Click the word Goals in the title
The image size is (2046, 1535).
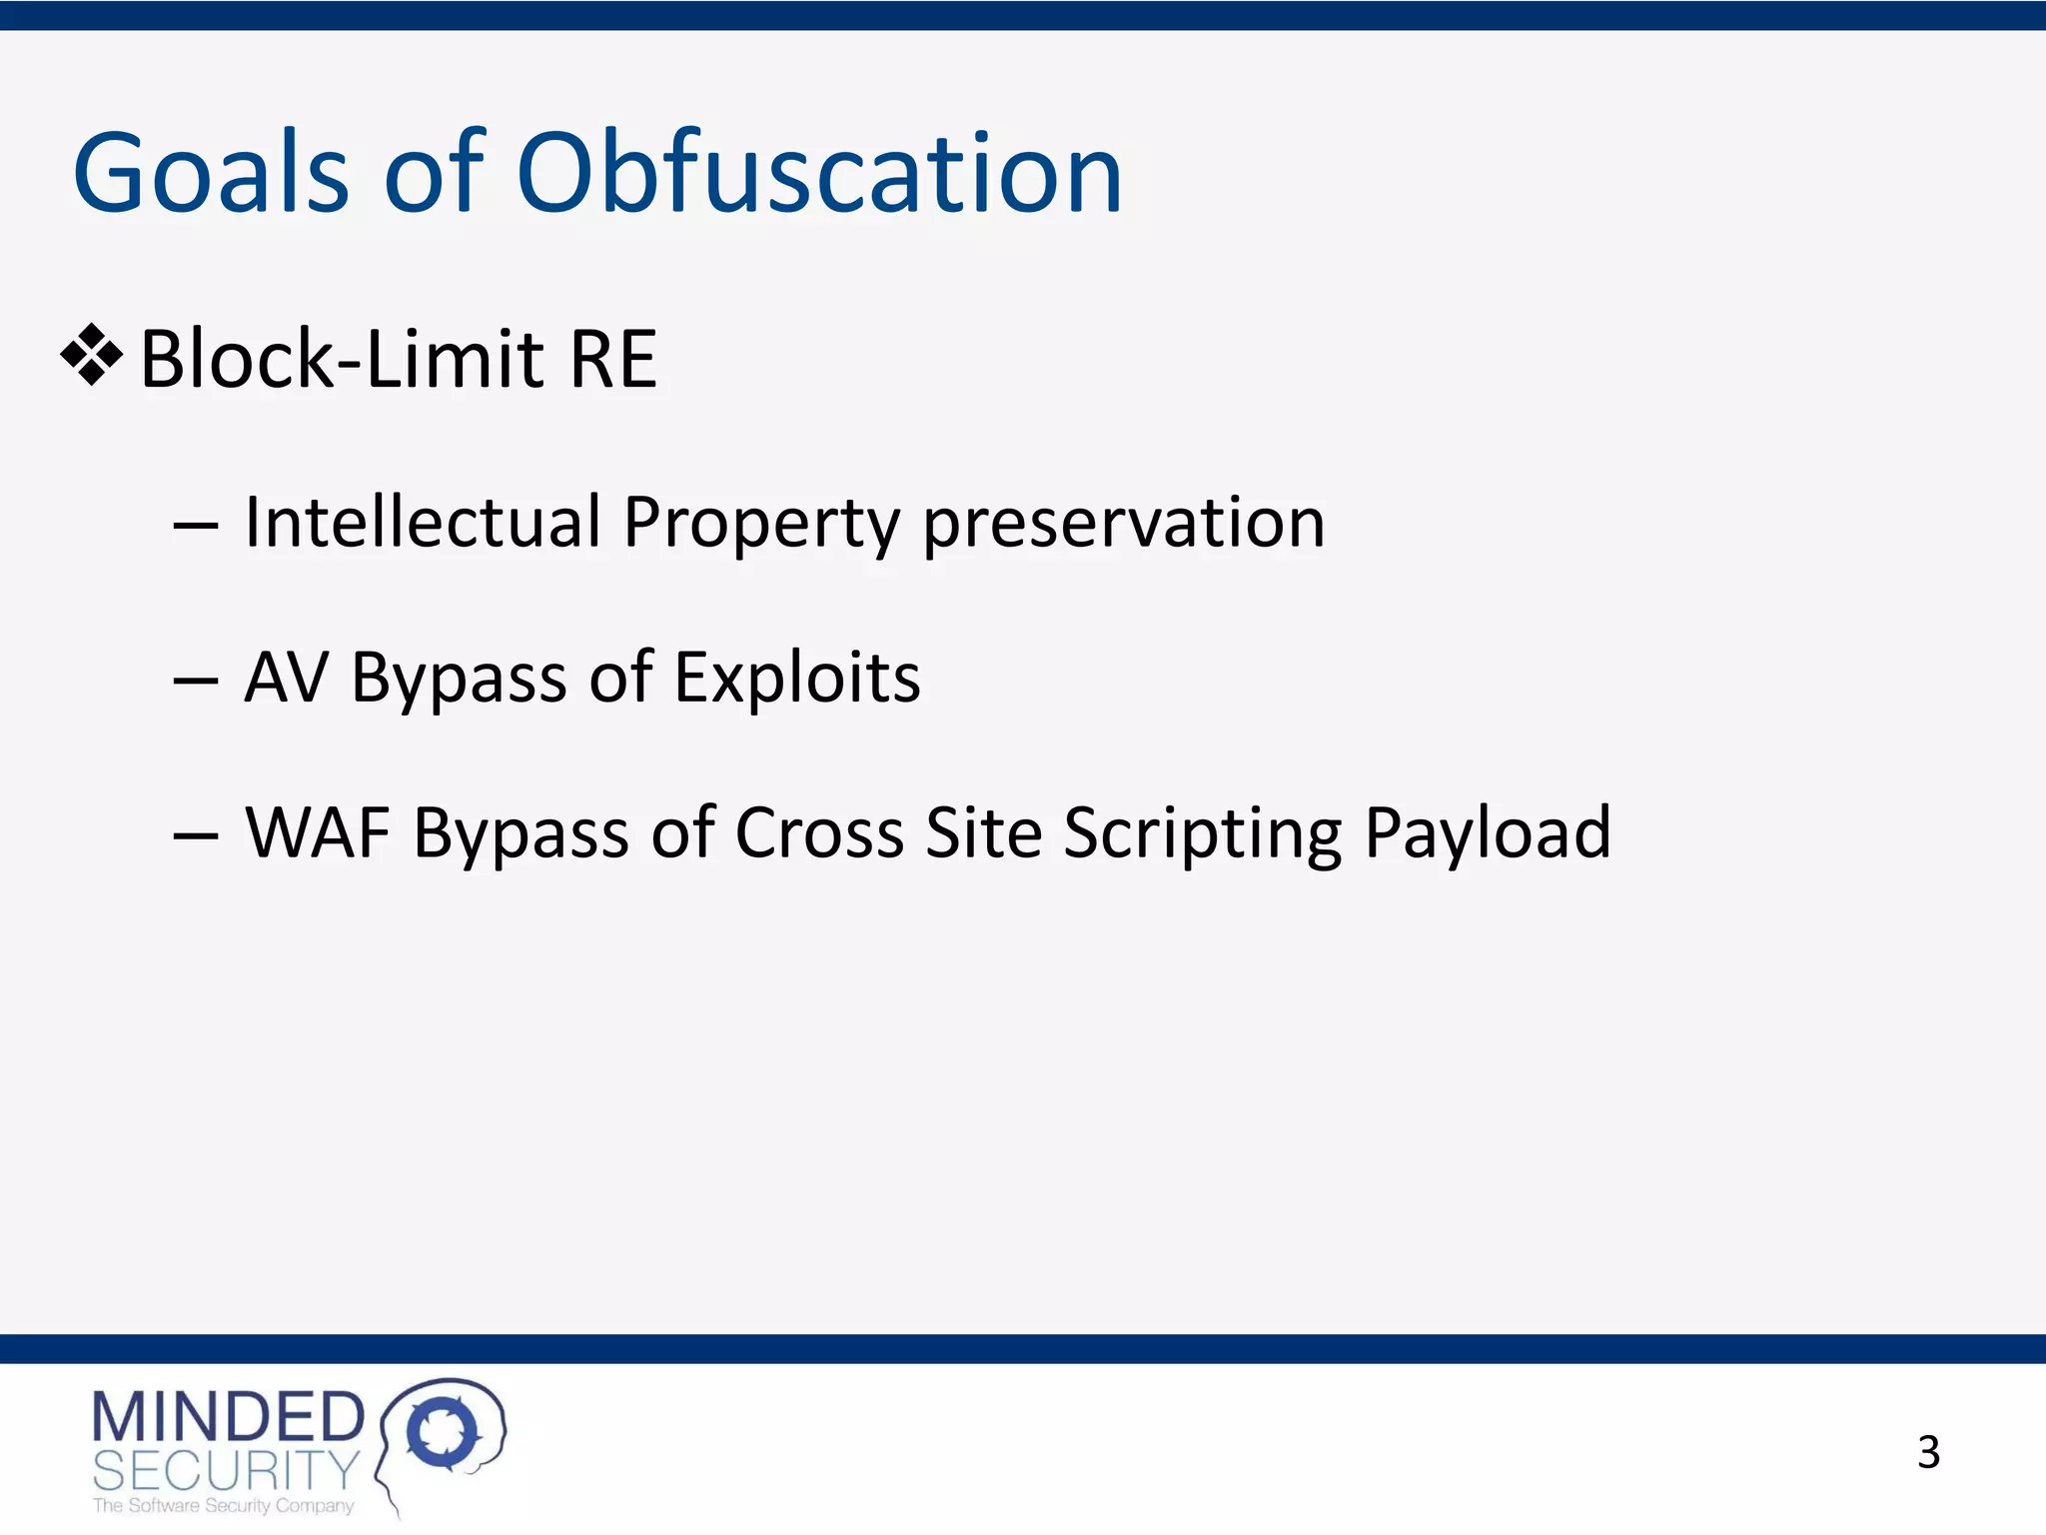point(210,175)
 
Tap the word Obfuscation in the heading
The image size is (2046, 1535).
point(819,175)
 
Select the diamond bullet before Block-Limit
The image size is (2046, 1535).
point(92,355)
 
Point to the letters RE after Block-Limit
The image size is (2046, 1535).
point(612,359)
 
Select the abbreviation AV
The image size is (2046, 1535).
point(287,678)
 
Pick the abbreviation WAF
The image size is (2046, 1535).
point(318,832)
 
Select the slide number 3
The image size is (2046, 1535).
point(1928,1452)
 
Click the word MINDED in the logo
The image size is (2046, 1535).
point(229,1417)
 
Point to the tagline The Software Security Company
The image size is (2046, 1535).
point(223,1506)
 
